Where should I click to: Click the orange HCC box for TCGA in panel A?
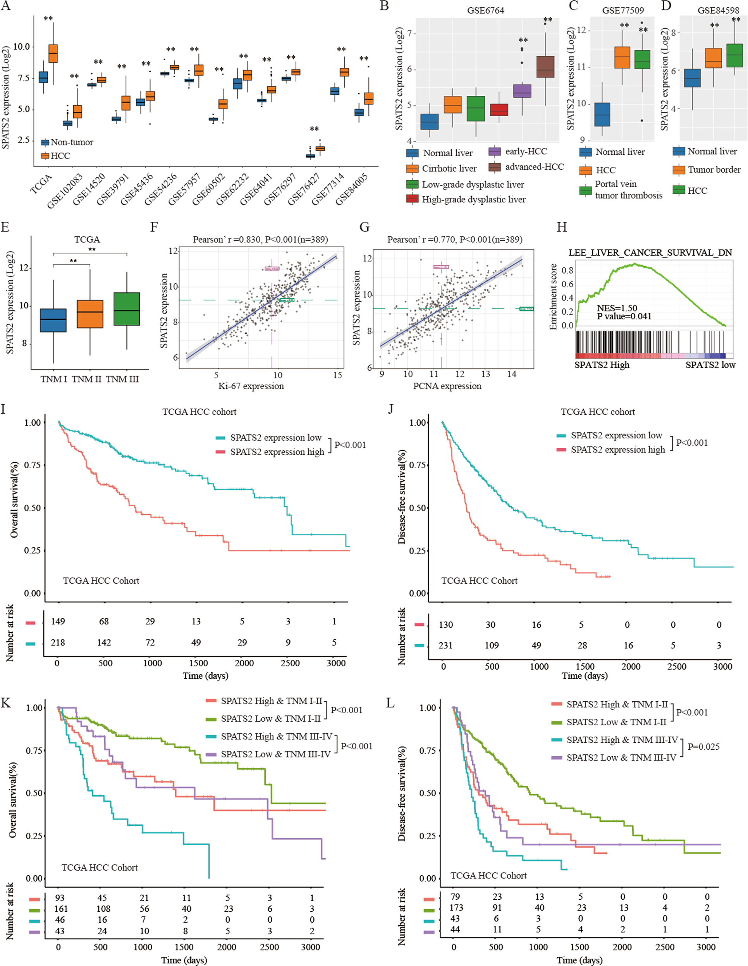coord(53,53)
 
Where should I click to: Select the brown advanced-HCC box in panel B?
coord(545,67)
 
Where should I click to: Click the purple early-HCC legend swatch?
coord(495,152)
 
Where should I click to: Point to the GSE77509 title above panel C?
coord(623,10)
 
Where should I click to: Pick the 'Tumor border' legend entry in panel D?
coord(714,170)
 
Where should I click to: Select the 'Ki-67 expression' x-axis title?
coord(251,386)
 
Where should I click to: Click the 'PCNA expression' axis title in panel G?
coord(447,386)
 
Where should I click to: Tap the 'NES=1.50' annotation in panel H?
coord(617,308)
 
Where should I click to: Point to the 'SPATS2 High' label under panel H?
coord(602,365)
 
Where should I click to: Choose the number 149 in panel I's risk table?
coord(58,621)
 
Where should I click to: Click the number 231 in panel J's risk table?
coord(445,645)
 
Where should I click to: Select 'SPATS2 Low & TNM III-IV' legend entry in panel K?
coord(275,754)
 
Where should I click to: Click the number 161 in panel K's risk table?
coord(61,909)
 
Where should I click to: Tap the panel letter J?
coord(390,408)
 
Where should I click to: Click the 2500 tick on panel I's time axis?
coord(290,663)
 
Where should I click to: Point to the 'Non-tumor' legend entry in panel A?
coord(72,142)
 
